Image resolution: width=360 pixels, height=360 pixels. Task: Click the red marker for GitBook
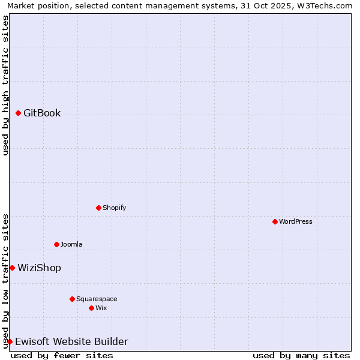[19, 113]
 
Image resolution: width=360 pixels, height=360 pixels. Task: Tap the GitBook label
[42, 113]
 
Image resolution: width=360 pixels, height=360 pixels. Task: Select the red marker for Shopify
[99, 208]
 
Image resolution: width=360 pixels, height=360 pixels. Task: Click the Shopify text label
[114, 208]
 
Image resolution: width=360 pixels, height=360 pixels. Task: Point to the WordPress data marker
[275, 221]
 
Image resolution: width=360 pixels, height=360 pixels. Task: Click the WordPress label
[296, 221]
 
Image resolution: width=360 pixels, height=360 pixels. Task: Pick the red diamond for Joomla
[57, 244]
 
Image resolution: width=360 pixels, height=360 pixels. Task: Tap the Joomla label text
[71, 244]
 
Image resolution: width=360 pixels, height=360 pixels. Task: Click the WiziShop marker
[12, 268]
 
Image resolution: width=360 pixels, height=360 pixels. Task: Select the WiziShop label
[39, 268]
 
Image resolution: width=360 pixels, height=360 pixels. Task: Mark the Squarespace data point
[73, 299]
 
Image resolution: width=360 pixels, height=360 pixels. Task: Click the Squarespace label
[97, 299]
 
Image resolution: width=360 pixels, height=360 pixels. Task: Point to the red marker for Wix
[92, 308]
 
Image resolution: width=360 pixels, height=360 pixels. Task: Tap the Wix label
[101, 308]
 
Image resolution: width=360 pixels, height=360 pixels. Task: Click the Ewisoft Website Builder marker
[10, 341]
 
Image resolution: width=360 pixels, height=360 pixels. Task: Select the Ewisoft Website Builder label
[71, 341]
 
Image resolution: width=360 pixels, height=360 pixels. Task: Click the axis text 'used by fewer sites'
[62, 355]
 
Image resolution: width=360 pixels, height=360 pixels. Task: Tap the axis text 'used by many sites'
[301, 355]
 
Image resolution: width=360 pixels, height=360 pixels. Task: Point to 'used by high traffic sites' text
[5, 85]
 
